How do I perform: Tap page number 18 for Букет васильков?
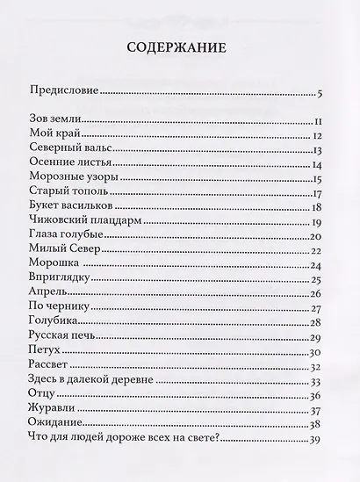click(320, 207)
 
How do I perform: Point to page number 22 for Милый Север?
click(319, 252)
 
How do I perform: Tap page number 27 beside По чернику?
click(319, 309)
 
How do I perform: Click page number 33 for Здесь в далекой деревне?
click(319, 381)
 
